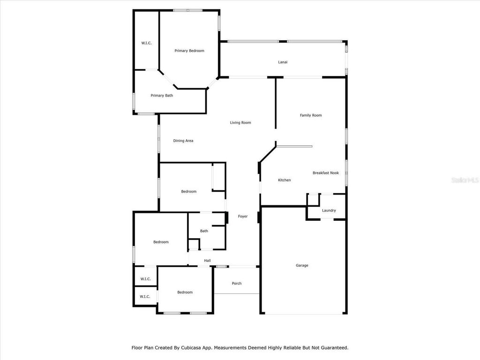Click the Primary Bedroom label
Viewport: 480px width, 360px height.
click(x=189, y=51)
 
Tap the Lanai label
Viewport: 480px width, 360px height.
click(x=283, y=62)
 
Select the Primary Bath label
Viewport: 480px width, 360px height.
click(x=162, y=96)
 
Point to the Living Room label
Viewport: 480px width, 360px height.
click(x=240, y=123)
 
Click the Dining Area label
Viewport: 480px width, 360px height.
click(x=183, y=141)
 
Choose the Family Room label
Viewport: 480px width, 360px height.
click(x=311, y=115)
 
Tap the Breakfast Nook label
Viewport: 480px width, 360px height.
click(x=326, y=173)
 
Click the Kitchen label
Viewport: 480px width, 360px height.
click(x=285, y=180)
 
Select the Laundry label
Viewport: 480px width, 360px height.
click(x=329, y=210)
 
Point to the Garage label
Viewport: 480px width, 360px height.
click(x=302, y=265)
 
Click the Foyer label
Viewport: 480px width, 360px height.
click(x=243, y=217)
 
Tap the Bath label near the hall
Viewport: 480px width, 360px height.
click(x=204, y=231)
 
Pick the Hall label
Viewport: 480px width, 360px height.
click(x=207, y=261)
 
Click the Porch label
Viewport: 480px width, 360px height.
click(x=237, y=284)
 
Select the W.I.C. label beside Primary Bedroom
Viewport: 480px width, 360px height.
click(x=146, y=43)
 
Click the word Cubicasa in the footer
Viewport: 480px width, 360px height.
click(x=191, y=348)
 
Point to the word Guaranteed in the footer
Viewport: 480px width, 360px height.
click(x=335, y=348)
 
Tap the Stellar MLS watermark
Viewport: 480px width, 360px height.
click(x=465, y=180)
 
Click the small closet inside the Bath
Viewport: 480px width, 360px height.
click(x=194, y=245)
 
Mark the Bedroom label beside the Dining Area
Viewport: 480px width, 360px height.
click(x=188, y=192)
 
